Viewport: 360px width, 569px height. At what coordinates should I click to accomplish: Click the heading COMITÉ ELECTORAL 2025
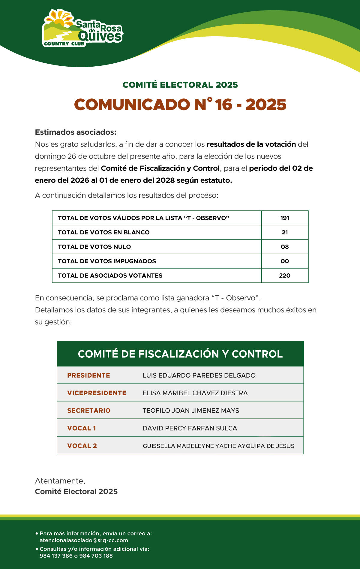click(x=180, y=85)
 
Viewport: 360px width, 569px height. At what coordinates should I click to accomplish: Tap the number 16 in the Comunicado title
click(x=223, y=105)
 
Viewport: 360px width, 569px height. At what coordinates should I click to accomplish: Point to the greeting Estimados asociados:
click(x=76, y=132)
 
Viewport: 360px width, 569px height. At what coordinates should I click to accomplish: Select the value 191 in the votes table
click(x=285, y=218)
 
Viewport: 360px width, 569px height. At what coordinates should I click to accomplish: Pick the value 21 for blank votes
click(x=285, y=232)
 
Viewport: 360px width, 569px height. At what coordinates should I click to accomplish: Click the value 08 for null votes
click(x=285, y=247)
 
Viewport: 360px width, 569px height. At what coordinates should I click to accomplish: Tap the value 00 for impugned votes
click(x=285, y=261)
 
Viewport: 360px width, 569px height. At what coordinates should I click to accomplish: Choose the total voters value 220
click(x=285, y=275)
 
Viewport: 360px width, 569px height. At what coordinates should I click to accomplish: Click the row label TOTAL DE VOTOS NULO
click(x=94, y=247)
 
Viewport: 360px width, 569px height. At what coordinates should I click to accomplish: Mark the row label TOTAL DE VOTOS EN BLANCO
click(x=104, y=232)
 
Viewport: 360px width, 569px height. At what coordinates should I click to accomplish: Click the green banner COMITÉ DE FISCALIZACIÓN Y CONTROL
click(x=180, y=354)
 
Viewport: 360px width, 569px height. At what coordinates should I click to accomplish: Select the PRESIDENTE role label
click(x=88, y=375)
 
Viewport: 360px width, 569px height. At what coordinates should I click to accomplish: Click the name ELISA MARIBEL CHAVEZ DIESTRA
click(x=195, y=393)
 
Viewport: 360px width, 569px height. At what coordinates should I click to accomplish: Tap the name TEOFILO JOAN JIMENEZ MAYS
click(x=191, y=411)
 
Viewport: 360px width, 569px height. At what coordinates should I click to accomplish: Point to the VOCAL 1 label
click(x=82, y=428)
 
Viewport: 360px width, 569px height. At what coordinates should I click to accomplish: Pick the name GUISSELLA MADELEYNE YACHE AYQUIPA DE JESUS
click(x=218, y=446)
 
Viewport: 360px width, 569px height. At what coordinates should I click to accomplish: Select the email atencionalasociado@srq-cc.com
click(x=84, y=540)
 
